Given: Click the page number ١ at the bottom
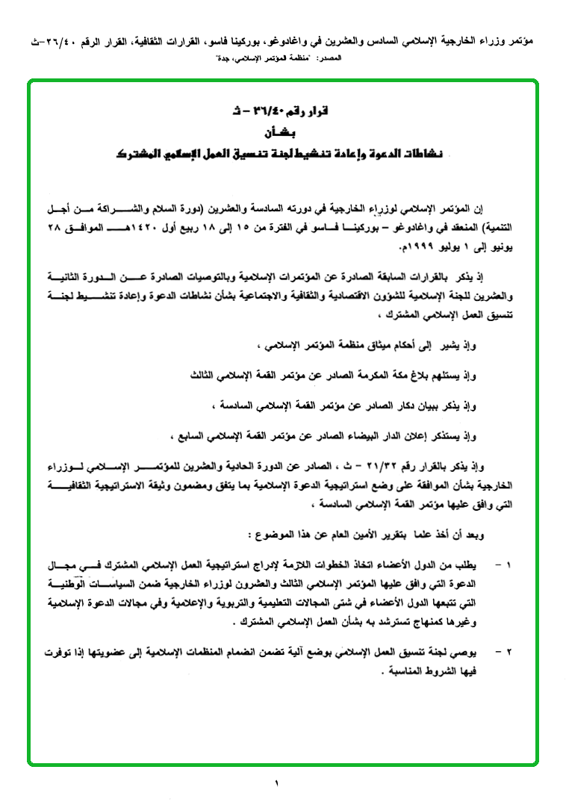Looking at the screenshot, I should pyautogui.click(x=276, y=783).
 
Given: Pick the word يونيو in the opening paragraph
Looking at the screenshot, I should pyautogui.click(x=503, y=242).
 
